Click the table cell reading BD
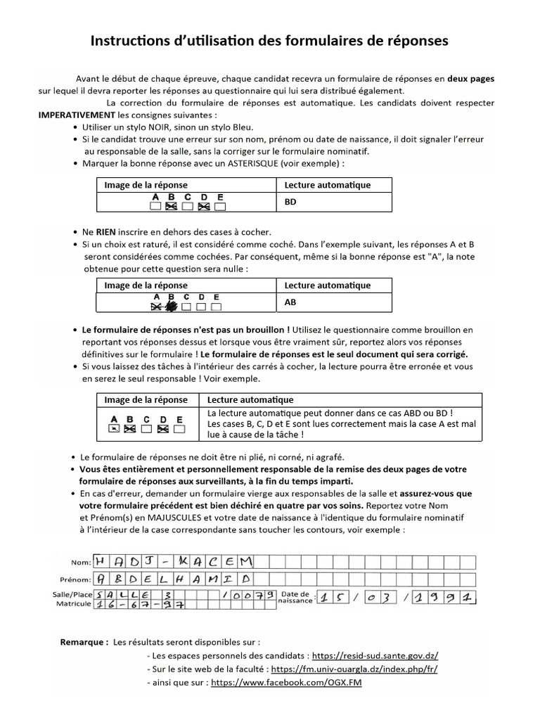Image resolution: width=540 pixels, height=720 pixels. click(290, 201)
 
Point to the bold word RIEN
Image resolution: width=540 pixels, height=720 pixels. click(105, 232)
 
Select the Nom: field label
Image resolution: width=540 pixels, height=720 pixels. click(81, 562)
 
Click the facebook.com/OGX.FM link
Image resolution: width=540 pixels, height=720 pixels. click(286, 682)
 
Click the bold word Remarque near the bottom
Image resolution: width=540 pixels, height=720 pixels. click(84, 642)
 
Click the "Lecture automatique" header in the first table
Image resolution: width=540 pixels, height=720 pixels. click(327, 185)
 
